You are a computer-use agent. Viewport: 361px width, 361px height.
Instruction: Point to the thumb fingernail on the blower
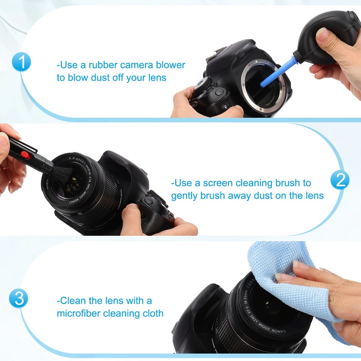tap(322, 34)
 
